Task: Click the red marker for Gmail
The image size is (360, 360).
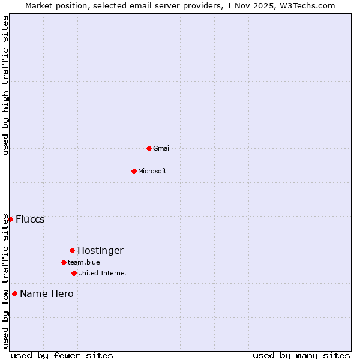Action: [149, 148]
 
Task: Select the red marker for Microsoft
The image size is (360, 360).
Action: [134, 171]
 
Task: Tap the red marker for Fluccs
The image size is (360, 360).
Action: [10, 219]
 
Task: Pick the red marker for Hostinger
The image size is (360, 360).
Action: [72, 250]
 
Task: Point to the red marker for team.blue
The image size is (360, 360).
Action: [64, 262]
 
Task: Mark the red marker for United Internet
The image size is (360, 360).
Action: [74, 273]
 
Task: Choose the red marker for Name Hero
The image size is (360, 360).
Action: [14, 293]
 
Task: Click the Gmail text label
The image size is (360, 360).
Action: [162, 148]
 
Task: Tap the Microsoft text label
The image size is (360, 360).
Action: [152, 171]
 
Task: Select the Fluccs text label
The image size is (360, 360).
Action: [30, 219]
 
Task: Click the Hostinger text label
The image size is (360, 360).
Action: [100, 250]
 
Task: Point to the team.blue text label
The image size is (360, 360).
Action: [84, 262]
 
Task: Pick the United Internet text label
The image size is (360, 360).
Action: [103, 273]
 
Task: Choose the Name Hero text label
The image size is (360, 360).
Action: [47, 293]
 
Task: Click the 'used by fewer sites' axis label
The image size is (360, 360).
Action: [62, 355]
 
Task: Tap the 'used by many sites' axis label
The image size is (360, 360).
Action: [301, 355]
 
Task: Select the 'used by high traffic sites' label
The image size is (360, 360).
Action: [5, 85]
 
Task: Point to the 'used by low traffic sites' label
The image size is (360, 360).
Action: [5, 281]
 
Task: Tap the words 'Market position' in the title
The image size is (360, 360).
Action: [52, 5]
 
